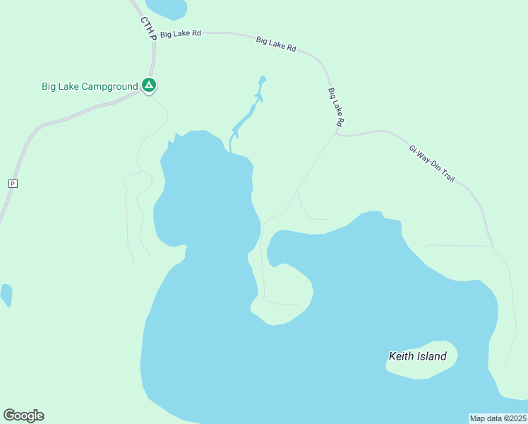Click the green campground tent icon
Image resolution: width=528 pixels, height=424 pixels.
click(149, 86)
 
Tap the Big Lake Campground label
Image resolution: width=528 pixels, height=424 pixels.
click(90, 87)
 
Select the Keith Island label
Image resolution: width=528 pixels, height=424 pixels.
click(417, 356)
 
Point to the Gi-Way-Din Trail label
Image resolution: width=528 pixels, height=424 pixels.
click(432, 164)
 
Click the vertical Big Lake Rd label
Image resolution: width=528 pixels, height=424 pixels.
click(336, 107)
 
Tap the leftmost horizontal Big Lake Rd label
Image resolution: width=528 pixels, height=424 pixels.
click(181, 34)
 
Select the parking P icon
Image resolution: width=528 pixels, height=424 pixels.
click(12, 184)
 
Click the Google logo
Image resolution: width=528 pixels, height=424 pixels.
click(23, 416)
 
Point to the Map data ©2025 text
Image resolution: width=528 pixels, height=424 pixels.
click(498, 418)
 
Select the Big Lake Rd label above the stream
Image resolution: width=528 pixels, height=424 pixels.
click(276, 44)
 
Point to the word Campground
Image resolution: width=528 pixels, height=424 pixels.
click(112, 87)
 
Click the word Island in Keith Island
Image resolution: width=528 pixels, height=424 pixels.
click(431, 356)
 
